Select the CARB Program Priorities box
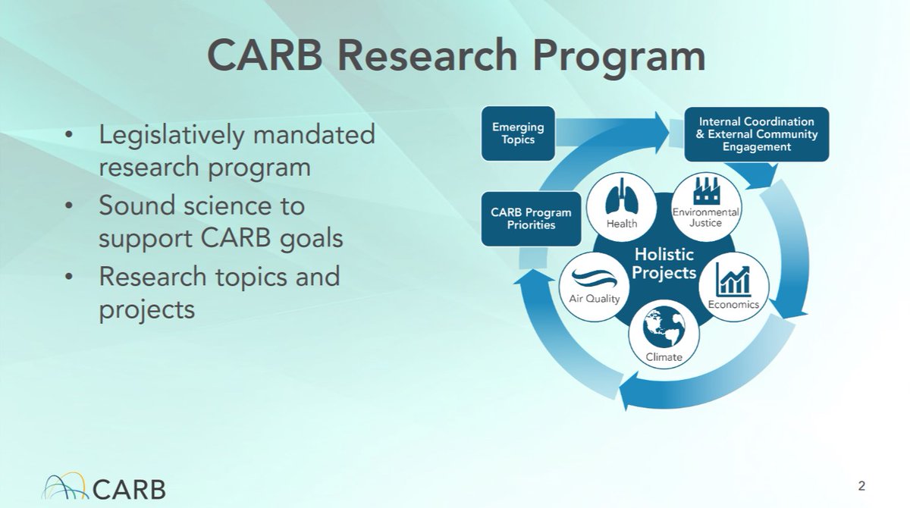click(527, 218)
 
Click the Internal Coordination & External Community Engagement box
click(756, 133)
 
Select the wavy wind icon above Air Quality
click(594, 277)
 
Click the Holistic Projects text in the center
click(664, 263)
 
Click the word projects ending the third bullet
click(146, 309)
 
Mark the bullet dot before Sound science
click(70, 207)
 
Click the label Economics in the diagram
click(733, 305)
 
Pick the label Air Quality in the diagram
click(595, 298)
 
